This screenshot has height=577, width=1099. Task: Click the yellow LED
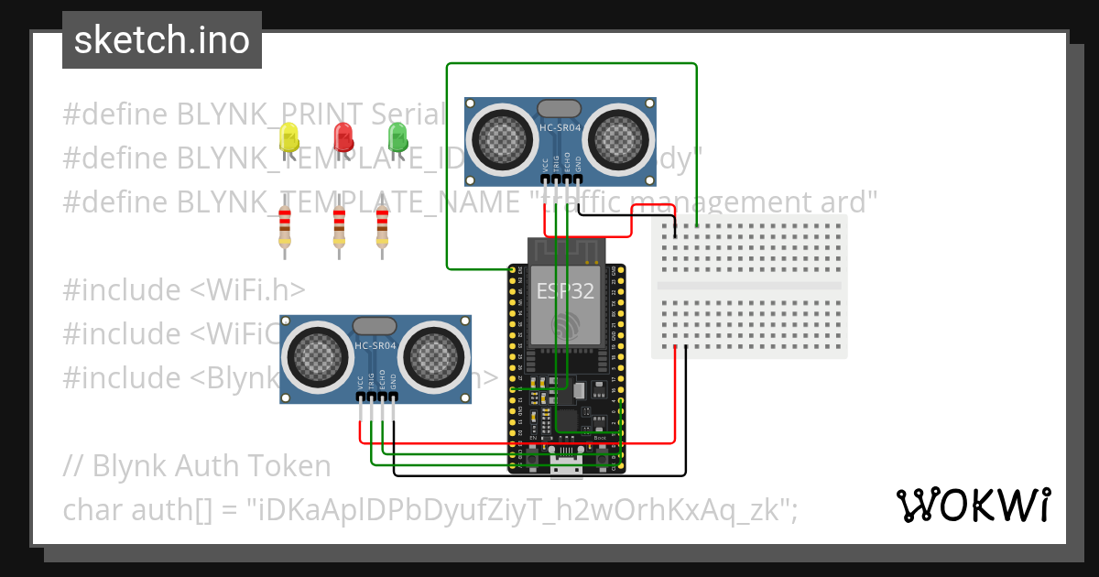pos(289,138)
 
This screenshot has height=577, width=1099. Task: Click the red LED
pos(343,137)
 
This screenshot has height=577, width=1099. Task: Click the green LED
pos(397,137)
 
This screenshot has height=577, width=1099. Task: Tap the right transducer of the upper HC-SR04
pos(620,139)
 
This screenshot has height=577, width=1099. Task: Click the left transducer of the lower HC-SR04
pos(315,358)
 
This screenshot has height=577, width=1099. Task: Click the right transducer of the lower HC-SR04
pos(435,358)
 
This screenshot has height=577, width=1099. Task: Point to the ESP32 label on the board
pos(565,291)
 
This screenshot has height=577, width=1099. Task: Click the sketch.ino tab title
pos(162,40)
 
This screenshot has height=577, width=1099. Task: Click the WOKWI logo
pos(973,505)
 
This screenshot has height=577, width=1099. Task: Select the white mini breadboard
pos(749,286)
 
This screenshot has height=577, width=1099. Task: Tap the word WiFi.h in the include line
pos(247,289)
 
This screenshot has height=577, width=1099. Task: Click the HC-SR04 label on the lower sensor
pos(375,345)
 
